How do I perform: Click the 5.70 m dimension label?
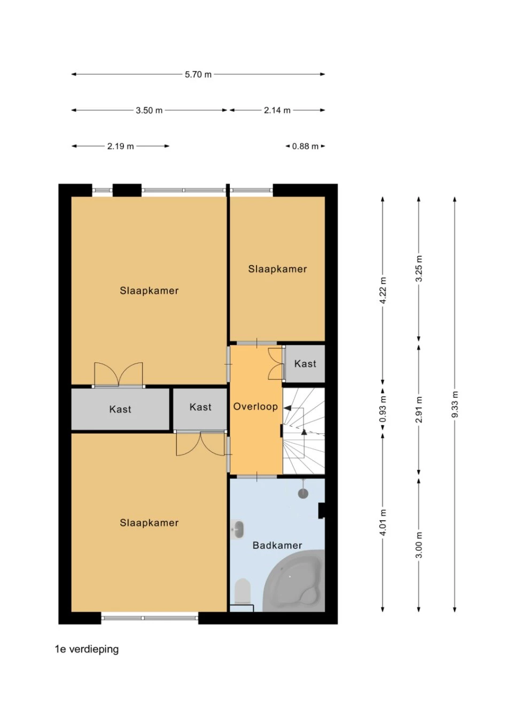tap(198, 74)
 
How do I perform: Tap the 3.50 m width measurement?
tap(149, 110)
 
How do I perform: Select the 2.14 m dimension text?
tap(277, 110)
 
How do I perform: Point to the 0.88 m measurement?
tap(305, 146)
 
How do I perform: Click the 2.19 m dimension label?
tap(120, 146)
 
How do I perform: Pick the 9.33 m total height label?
tap(455, 404)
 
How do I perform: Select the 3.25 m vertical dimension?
tap(419, 269)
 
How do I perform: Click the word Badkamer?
tap(277, 545)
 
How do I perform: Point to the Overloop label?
tap(255, 407)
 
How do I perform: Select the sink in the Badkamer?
tap(237, 530)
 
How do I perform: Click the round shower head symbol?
tap(303, 493)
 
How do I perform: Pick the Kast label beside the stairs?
tap(305, 364)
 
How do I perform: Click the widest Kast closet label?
tap(120, 410)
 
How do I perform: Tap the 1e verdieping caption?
tap(87, 650)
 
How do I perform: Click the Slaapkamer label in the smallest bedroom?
tap(277, 269)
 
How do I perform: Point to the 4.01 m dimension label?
tap(383, 522)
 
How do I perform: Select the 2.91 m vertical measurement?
tap(419, 410)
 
